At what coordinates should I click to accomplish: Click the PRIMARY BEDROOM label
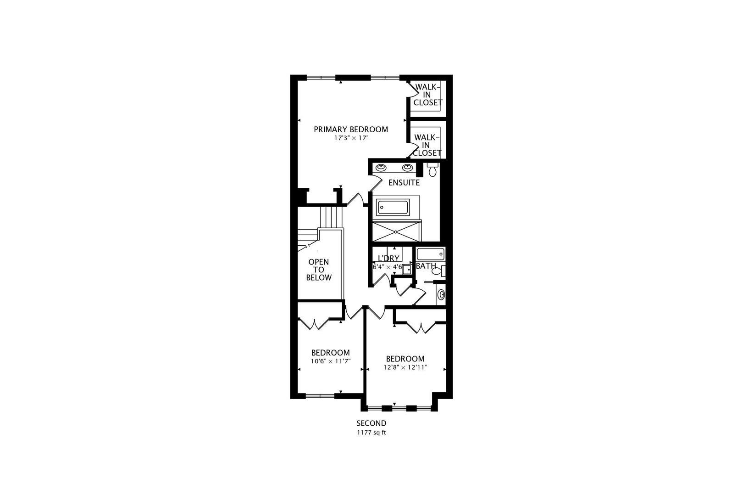(x=351, y=130)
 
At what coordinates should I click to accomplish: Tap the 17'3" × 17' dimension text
(x=351, y=138)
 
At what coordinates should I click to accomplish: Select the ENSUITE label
(x=404, y=183)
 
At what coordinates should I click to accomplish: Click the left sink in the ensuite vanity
(x=381, y=168)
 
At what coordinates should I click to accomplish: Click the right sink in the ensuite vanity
(x=407, y=168)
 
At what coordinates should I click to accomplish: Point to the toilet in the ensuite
(x=432, y=169)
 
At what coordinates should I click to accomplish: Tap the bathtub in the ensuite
(x=393, y=208)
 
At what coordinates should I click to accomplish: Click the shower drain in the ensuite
(x=396, y=232)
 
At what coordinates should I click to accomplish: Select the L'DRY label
(x=389, y=259)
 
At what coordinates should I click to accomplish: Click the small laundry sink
(x=407, y=270)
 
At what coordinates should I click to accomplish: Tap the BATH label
(x=426, y=266)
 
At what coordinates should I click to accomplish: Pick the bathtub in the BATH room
(x=431, y=254)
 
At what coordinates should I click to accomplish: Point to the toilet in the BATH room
(x=438, y=271)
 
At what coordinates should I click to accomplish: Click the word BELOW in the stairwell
(x=319, y=278)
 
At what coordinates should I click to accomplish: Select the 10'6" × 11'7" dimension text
(x=331, y=361)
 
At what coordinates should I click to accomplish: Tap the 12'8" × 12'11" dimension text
(x=405, y=367)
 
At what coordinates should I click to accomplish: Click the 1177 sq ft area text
(x=371, y=433)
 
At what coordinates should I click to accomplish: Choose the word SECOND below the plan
(x=371, y=423)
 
